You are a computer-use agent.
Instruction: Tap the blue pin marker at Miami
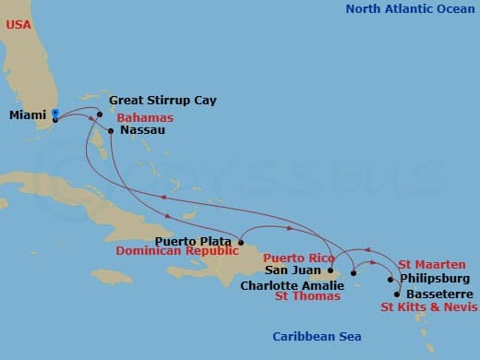click(x=55, y=114)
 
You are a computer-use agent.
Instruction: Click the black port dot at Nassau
click(x=111, y=131)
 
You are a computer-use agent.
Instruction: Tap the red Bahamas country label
click(x=145, y=117)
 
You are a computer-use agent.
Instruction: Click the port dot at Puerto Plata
click(x=240, y=243)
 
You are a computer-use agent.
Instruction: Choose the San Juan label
click(x=294, y=270)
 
